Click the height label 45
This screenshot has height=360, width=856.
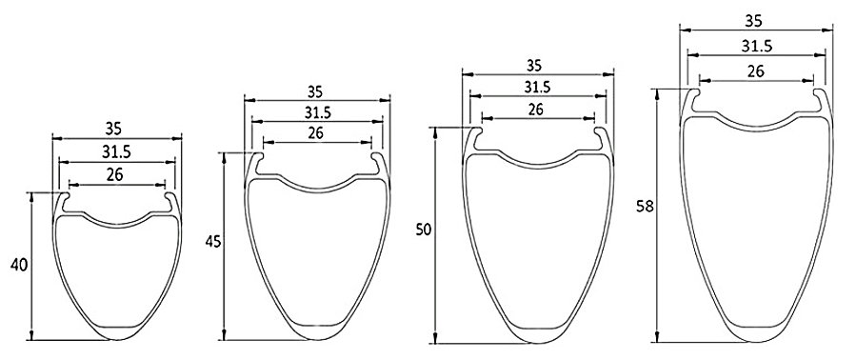click(213, 242)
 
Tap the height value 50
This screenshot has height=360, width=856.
click(423, 230)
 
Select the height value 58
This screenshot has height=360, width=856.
click(645, 207)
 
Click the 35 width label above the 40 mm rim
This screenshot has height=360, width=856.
click(113, 129)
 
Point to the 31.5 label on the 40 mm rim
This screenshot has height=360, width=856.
click(116, 152)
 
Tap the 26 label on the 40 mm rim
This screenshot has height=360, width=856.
click(115, 175)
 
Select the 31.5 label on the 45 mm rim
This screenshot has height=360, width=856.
click(318, 113)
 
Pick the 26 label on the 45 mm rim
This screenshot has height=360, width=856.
click(315, 132)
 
